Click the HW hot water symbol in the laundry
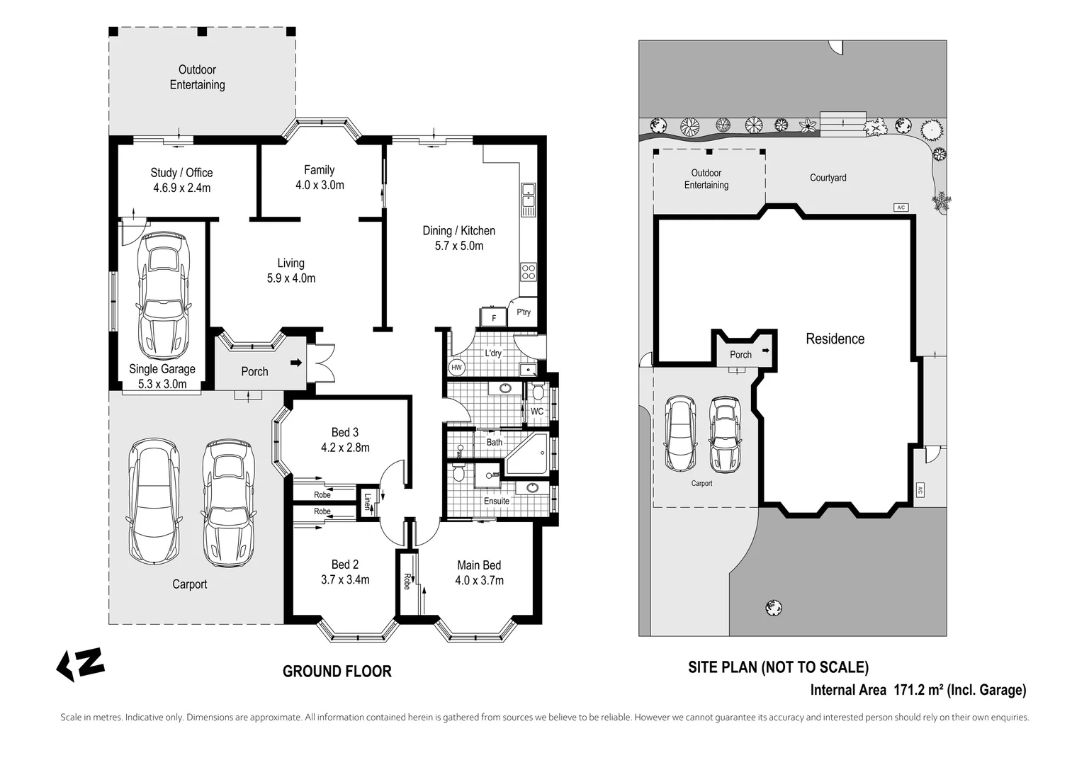point(456,368)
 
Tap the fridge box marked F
point(494,317)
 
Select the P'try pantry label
point(524,312)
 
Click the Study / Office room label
point(181,173)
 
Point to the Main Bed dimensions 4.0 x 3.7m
point(479,580)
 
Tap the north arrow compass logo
point(80,664)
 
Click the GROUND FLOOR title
point(337,671)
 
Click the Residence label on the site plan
point(835,339)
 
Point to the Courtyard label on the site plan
point(828,178)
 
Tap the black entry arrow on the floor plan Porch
point(296,363)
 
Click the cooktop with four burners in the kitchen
point(529,271)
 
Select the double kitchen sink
point(528,199)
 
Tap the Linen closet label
point(367,501)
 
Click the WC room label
point(537,412)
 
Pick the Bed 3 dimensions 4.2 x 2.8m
point(345,448)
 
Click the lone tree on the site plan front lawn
point(774,607)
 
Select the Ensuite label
point(497,501)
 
